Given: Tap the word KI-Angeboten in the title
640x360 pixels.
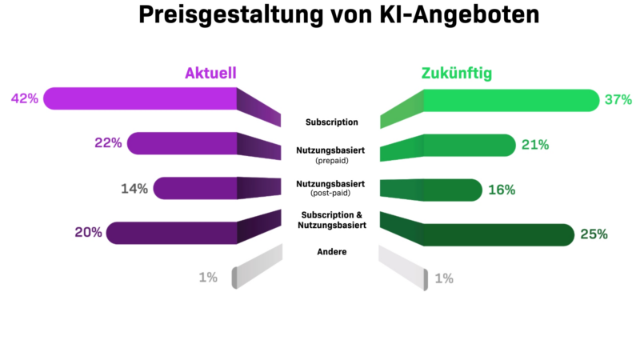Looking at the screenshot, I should point(450,17).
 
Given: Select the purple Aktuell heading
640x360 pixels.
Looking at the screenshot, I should point(210,74).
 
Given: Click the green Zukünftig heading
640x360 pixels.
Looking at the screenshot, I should point(457,74).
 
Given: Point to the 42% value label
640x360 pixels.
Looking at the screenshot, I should point(25,99).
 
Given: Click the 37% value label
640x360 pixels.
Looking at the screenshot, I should point(618,100).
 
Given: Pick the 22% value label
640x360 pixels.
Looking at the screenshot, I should point(108,143).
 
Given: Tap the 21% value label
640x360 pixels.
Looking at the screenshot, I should point(534,145).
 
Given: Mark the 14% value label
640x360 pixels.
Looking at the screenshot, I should point(134,189).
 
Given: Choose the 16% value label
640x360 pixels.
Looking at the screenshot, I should point(501,190).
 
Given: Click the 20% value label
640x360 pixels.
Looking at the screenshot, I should point(89,233).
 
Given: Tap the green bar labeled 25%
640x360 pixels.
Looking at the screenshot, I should point(496,234).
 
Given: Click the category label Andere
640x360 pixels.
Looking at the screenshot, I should point(330,252).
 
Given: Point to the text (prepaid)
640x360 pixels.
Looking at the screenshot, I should point(330,161).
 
